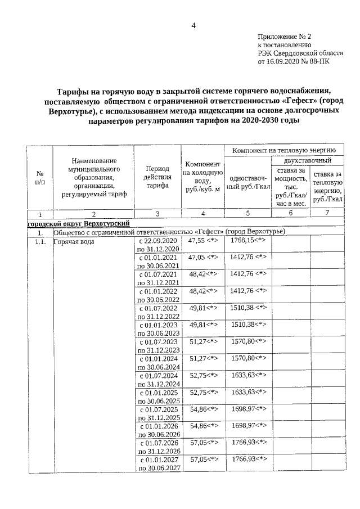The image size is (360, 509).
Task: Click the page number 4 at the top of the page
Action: tap(193, 26)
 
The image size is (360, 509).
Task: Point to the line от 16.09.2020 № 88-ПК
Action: tap(294, 62)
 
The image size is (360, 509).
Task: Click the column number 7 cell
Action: tap(328, 214)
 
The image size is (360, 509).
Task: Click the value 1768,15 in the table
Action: tap(247, 240)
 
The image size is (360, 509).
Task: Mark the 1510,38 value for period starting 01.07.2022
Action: tap(247, 308)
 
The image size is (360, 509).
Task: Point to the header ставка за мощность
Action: tap(290, 186)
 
